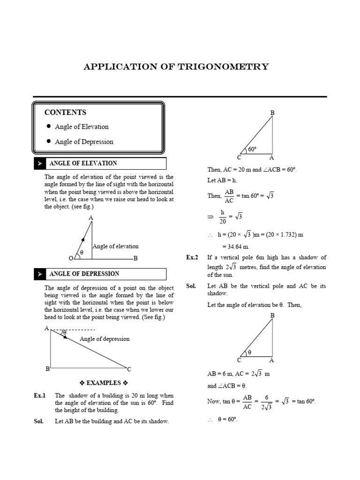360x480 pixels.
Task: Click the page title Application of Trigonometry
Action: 176,66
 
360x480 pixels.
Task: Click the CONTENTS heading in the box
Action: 65,112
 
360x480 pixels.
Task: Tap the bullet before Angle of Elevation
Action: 49,127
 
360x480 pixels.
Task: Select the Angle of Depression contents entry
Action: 84,142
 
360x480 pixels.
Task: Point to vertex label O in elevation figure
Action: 70,258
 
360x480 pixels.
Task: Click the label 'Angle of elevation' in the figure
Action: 115,246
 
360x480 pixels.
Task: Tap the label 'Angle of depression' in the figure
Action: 105,339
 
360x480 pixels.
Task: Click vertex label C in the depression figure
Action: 129,369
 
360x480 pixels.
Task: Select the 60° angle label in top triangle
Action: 253,150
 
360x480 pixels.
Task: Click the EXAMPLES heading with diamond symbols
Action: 101,383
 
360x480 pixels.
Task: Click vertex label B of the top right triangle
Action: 272,112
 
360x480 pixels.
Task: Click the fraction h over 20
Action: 223,217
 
